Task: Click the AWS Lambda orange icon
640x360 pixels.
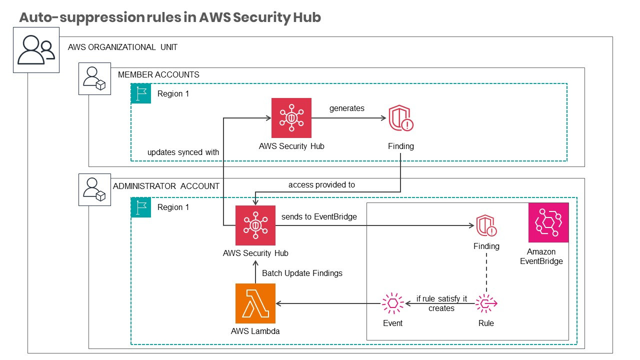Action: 255,303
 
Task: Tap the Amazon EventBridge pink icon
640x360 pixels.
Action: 548,222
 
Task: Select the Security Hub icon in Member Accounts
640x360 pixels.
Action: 291,118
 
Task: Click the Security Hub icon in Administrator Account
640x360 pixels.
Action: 255,225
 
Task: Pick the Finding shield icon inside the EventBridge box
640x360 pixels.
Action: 486,225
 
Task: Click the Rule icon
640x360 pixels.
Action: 486,303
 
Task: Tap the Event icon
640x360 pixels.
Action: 392,303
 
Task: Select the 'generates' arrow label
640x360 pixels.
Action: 347,108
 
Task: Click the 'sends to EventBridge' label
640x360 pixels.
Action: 319,217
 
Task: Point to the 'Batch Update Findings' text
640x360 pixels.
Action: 302,273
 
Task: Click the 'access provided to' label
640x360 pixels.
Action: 321,185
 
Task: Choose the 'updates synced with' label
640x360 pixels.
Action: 183,152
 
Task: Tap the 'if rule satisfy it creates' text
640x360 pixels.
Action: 441,303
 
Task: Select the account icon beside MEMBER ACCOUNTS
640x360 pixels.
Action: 94,78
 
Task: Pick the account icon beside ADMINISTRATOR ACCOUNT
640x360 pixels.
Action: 94,189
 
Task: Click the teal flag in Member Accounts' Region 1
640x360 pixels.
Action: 140,93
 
